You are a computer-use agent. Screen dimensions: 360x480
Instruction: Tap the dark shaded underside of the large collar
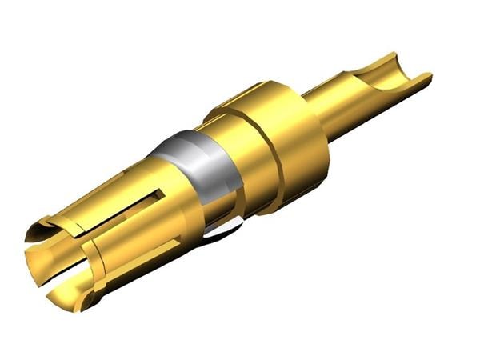pos(296,192)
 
